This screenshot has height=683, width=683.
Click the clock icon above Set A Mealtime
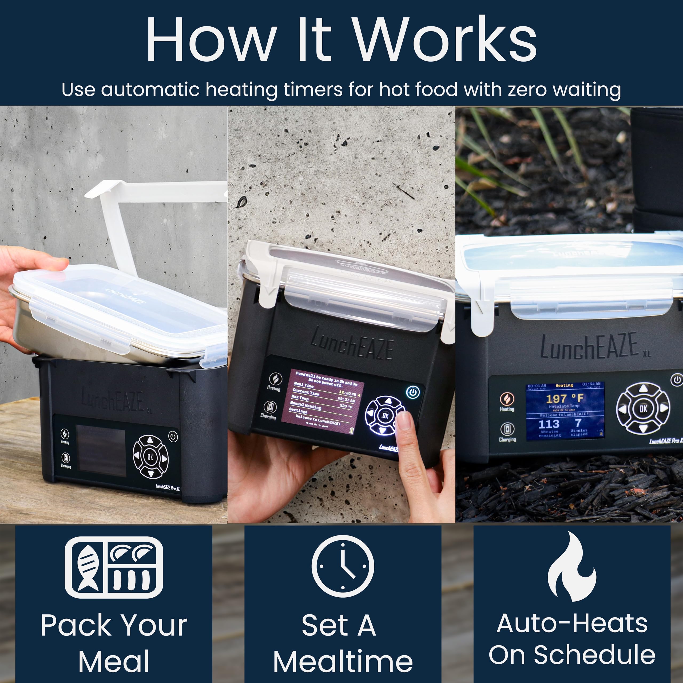point(343,566)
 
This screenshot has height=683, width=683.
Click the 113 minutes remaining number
point(549,424)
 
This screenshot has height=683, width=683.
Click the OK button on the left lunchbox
point(150,457)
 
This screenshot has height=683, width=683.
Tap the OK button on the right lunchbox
point(643,409)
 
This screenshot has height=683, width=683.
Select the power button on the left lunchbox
point(173,436)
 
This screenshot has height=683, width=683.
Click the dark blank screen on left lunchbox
point(101,450)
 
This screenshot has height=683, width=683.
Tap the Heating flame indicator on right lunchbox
point(507,399)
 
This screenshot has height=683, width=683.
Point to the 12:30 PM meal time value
point(347,393)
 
